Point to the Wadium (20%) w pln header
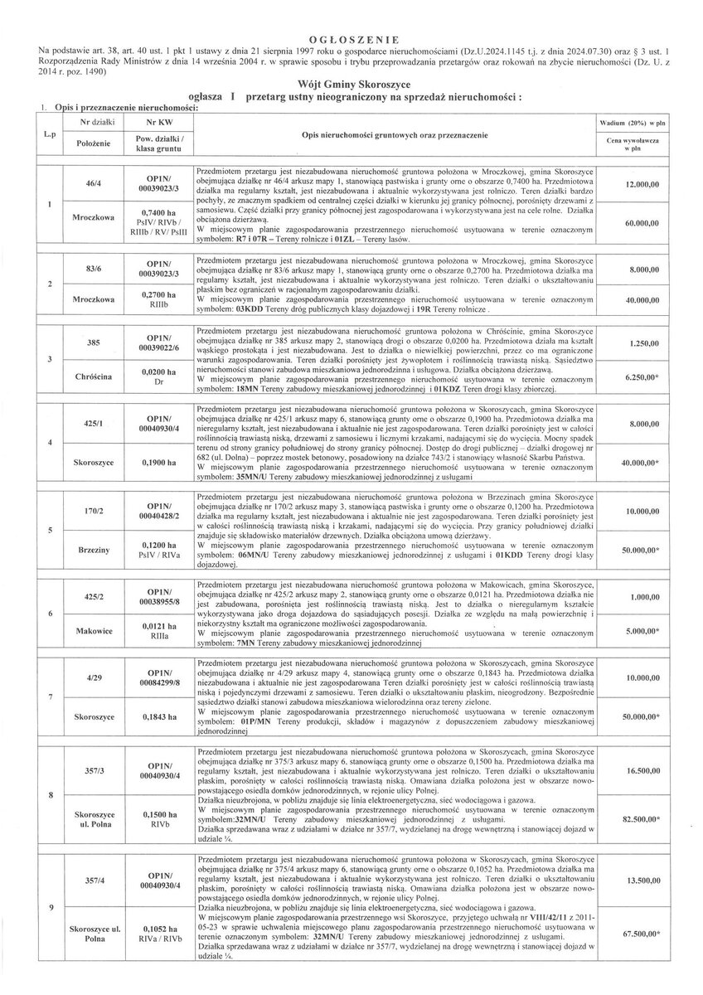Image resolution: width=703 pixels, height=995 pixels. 632,121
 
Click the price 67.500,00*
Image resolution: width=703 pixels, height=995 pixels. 633,934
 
